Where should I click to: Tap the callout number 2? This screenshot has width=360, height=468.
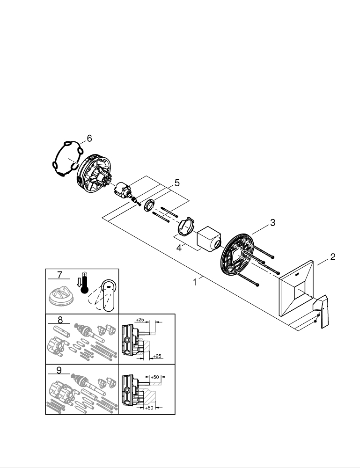332,256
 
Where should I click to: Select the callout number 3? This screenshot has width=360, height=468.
272,223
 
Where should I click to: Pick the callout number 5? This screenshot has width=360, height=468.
176,183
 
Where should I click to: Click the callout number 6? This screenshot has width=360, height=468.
89,138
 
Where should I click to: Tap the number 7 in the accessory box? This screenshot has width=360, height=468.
59,275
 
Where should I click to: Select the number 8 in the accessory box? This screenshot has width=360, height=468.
59,321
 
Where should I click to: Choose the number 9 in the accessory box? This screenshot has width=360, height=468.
59,370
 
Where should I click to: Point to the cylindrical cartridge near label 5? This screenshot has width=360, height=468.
125,191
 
